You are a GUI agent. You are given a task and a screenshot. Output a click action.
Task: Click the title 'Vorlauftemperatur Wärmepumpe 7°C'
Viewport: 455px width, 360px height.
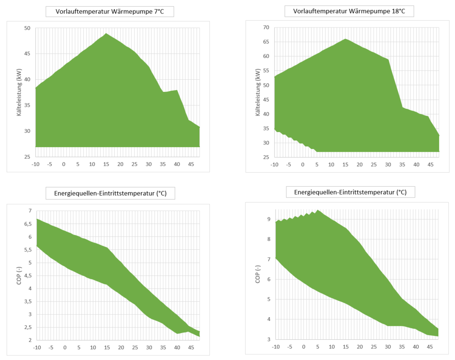(109, 12)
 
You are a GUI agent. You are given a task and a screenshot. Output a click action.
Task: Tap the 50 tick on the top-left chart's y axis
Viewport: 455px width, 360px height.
(27, 28)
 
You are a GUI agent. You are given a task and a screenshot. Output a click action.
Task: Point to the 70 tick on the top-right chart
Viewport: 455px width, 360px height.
(266, 27)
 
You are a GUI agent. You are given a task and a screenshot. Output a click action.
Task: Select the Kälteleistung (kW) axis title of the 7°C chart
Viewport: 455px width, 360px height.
(19, 92)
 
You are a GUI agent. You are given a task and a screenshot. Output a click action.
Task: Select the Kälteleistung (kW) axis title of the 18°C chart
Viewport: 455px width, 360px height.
(257, 92)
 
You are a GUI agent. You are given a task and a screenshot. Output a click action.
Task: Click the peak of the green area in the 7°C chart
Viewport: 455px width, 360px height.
(106, 33)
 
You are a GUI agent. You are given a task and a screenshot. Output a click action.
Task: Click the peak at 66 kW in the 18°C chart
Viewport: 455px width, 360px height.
(345, 39)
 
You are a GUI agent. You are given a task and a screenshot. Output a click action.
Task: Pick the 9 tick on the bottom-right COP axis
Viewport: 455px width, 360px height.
(268, 219)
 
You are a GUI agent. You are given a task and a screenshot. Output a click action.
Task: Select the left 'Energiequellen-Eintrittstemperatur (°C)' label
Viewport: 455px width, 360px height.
(110, 193)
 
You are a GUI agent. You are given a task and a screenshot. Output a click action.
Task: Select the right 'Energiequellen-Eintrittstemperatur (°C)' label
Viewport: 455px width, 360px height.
(350, 192)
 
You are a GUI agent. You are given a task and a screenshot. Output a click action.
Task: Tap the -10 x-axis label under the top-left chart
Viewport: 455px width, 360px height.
(35, 164)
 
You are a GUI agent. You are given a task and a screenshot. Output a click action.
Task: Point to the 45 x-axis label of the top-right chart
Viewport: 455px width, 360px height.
(430, 164)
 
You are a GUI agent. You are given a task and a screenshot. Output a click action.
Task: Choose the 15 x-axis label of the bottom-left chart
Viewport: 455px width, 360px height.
(106, 347)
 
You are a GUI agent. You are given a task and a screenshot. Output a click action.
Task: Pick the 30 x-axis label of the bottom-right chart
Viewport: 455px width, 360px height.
(387, 346)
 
